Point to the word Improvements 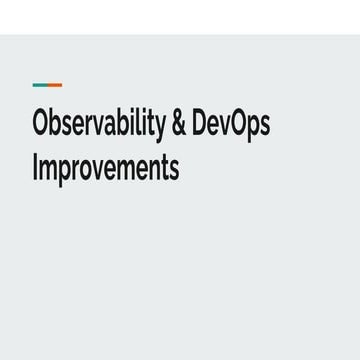click(x=106, y=166)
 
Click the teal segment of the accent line click(x=39, y=85)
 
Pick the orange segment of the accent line click(x=54, y=85)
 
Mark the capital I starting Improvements click(x=36, y=166)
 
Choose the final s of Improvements click(x=174, y=168)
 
